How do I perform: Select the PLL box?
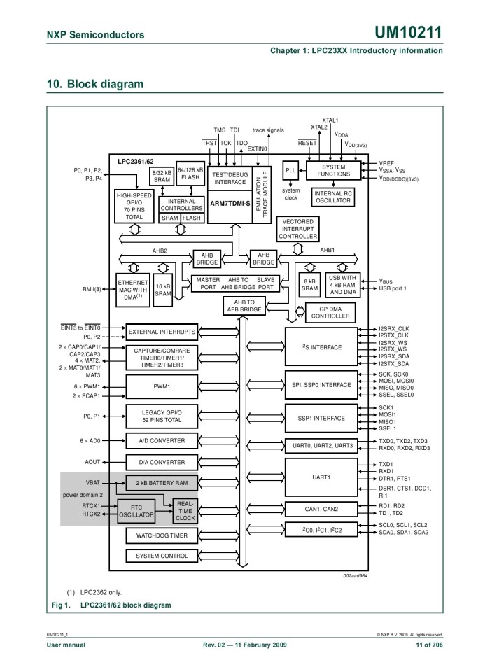(290, 171)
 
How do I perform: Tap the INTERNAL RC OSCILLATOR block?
(333, 197)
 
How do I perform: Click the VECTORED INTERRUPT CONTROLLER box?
(298, 229)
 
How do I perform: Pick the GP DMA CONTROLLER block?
(330, 312)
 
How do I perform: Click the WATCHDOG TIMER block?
(162, 535)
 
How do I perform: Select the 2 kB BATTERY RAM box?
(162, 483)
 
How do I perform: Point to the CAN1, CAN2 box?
(321, 509)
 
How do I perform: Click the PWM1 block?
(162, 386)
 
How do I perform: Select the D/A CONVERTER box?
(162, 462)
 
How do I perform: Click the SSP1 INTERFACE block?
(321, 418)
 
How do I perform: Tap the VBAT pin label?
(92, 483)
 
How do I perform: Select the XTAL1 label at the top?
(330, 120)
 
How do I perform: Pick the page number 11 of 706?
(429, 645)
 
